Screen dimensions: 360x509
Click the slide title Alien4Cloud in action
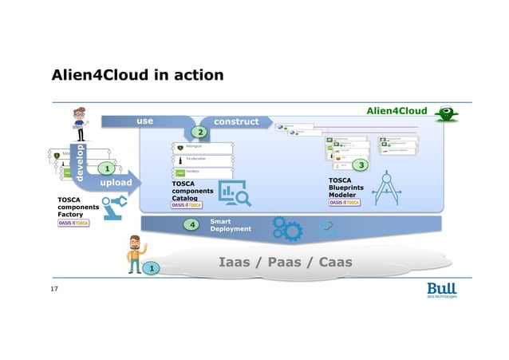[x=136, y=75]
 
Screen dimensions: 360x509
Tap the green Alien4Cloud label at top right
[x=397, y=111]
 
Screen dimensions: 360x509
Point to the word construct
[x=236, y=121]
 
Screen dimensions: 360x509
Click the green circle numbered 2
[x=201, y=131]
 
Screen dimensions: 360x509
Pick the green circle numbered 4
[x=191, y=225]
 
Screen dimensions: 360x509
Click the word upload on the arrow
[x=116, y=184]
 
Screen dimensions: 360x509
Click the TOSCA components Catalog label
[x=193, y=191]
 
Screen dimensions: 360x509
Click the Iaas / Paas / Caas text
[x=285, y=261]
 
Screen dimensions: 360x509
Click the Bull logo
[x=441, y=290]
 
